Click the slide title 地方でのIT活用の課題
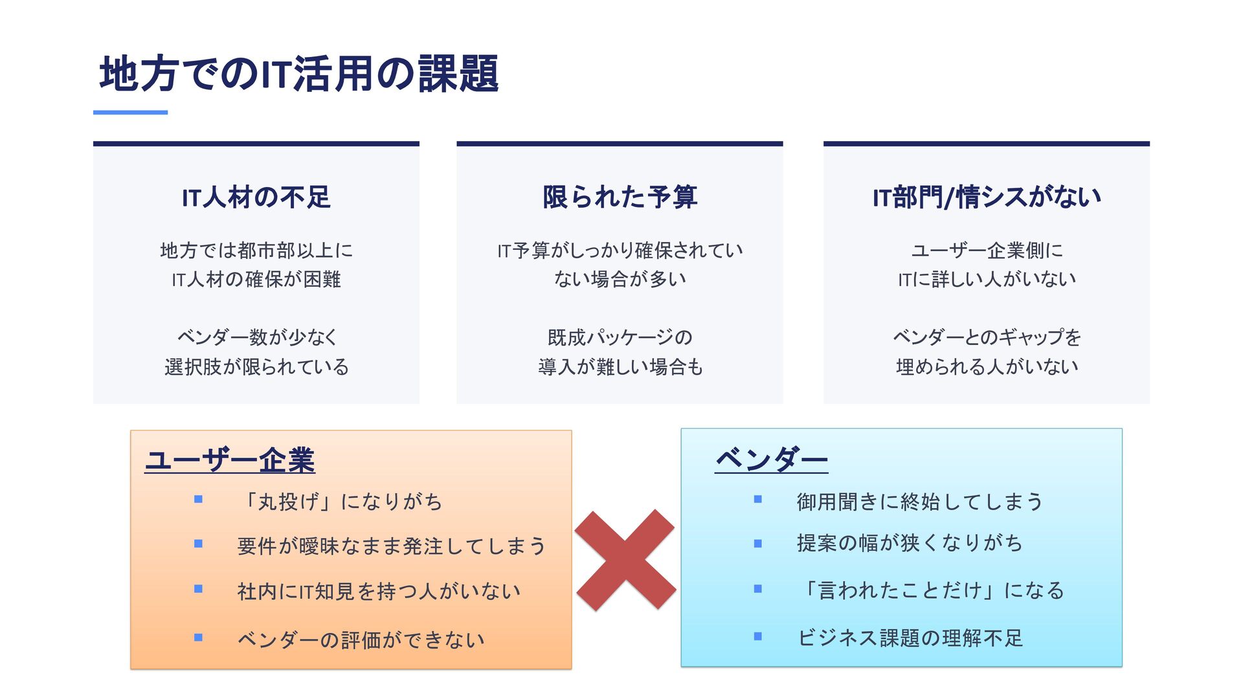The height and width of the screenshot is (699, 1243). (298, 73)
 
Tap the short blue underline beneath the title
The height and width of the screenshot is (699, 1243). (130, 113)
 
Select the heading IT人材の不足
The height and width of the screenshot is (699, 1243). (256, 197)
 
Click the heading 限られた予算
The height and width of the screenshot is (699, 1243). (620, 197)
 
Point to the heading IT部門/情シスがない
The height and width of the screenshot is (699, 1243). (986, 197)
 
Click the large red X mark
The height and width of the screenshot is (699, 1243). (625, 560)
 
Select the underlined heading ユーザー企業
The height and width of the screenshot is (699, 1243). (230, 461)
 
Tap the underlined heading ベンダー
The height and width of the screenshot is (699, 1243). (771, 460)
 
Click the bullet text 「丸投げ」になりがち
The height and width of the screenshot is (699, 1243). (341, 502)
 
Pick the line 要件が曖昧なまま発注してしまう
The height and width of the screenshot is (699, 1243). (392, 546)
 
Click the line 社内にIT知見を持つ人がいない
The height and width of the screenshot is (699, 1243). (379, 591)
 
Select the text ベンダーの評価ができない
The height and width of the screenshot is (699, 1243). (361, 639)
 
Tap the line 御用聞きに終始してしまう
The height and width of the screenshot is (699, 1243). (919, 502)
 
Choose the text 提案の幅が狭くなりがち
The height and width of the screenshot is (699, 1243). (909, 543)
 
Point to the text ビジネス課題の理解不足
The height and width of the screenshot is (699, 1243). (910, 638)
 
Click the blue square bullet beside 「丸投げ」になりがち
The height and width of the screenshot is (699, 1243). (199, 499)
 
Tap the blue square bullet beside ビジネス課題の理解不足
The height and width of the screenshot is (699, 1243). (758, 636)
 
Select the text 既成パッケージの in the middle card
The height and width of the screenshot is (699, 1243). (620, 337)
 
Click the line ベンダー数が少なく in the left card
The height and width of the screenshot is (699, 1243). (257, 337)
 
